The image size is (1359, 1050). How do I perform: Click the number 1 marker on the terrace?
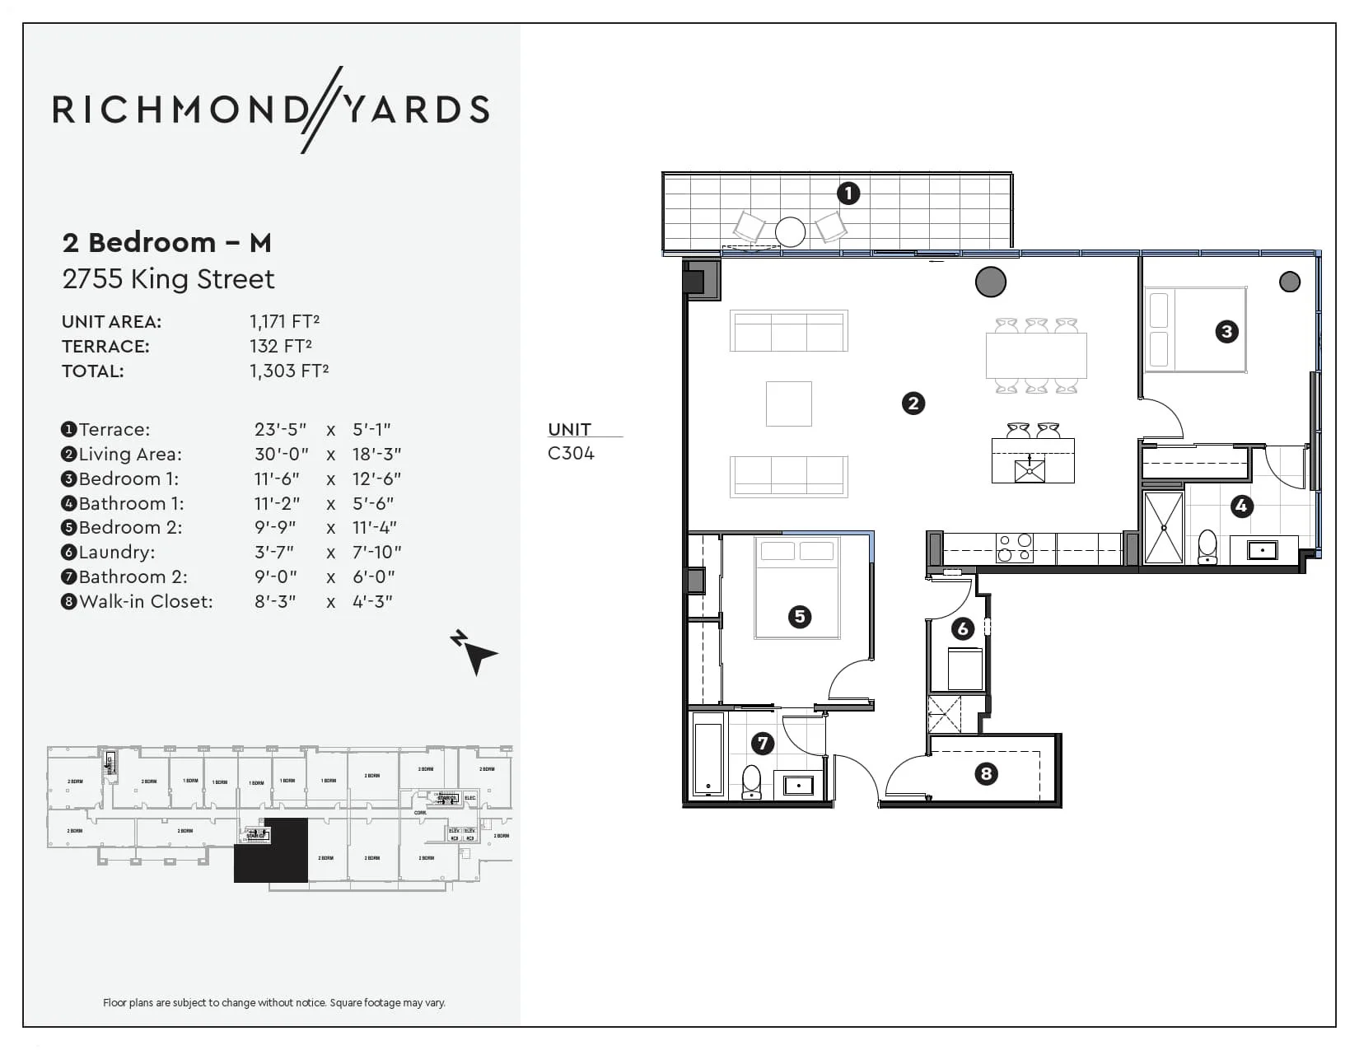pyautogui.click(x=848, y=194)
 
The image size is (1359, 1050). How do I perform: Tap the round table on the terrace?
pyautogui.click(x=791, y=231)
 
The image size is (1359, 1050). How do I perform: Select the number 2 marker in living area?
pyautogui.click(x=913, y=404)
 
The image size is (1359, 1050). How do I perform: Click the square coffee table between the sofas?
pyautogui.click(x=788, y=404)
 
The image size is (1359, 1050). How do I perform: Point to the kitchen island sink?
pyautogui.click(x=1030, y=471)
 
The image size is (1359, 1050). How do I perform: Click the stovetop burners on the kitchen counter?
pyautogui.click(x=1014, y=548)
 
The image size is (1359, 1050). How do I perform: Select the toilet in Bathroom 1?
pyautogui.click(x=1207, y=547)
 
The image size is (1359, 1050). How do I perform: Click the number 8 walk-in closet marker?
pyautogui.click(x=986, y=773)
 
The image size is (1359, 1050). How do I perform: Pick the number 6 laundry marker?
pyautogui.click(x=963, y=629)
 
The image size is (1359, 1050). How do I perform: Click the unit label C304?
pyautogui.click(x=571, y=453)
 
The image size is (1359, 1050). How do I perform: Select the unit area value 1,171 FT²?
pyautogui.click(x=284, y=321)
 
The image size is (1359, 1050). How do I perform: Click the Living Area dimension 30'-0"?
pyautogui.click(x=281, y=454)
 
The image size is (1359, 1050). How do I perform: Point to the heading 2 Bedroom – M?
pyautogui.click(x=166, y=243)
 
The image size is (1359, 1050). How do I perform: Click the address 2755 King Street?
pyautogui.click(x=168, y=279)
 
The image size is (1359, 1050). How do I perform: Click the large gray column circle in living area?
pyautogui.click(x=990, y=282)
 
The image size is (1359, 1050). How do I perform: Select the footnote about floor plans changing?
pyautogui.click(x=273, y=1002)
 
